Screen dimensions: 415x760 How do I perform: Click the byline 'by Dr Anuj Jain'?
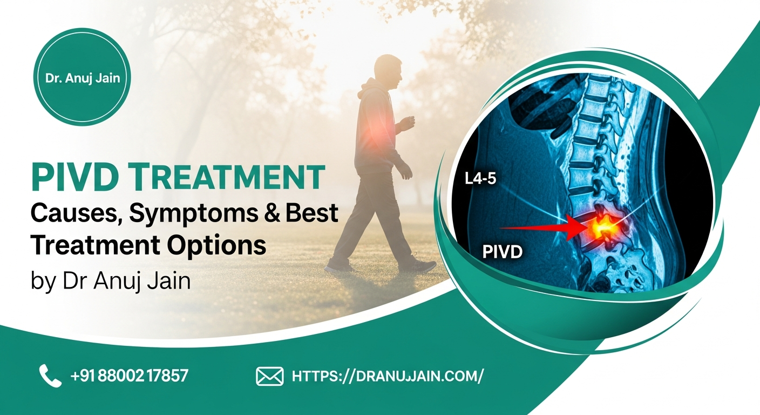coord(111,281)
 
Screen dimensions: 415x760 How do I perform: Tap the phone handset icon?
coord(50,375)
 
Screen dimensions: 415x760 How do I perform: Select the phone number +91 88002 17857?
coord(130,376)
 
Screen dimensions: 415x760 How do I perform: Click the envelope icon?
coord(269,376)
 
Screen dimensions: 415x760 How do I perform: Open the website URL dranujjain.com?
coord(388,376)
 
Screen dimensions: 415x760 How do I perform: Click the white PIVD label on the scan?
coord(501,251)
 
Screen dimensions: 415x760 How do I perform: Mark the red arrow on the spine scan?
coord(540,228)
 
